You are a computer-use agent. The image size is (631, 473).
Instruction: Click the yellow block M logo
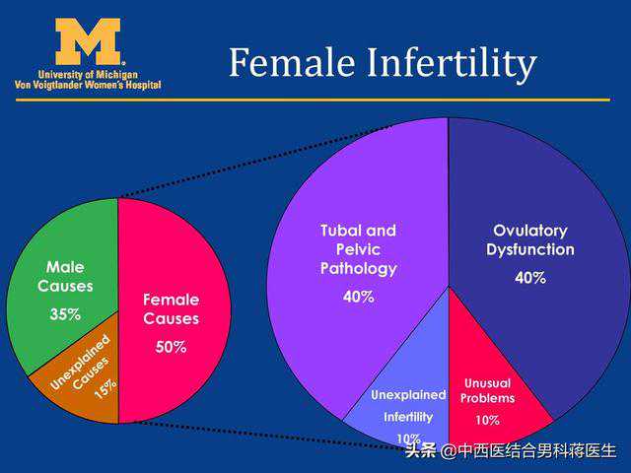click(x=88, y=41)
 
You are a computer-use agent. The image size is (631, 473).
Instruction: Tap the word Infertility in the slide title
click(x=450, y=63)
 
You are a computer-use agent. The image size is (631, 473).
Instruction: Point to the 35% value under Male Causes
click(x=65, y=315)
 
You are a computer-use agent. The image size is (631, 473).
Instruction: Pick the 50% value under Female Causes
click(x=171, y=347)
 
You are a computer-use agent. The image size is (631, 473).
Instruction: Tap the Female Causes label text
click(x=171, y=308)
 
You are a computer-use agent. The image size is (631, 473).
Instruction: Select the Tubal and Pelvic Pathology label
click(x=358, y=249)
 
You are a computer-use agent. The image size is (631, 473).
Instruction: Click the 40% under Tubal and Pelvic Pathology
click(x=358, y=297)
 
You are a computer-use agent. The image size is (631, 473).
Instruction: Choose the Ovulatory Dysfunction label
click(x=529, y=239)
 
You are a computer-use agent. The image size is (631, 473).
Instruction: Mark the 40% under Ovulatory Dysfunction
click(x=529, y=278)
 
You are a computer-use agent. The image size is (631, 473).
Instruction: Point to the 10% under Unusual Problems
click(x=487, y=421)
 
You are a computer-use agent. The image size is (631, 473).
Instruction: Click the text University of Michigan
click(x=88, y=75)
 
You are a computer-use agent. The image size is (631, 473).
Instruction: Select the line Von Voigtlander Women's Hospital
click(x=88, y=86)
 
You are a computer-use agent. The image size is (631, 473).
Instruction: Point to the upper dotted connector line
click(x=266, y=157)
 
